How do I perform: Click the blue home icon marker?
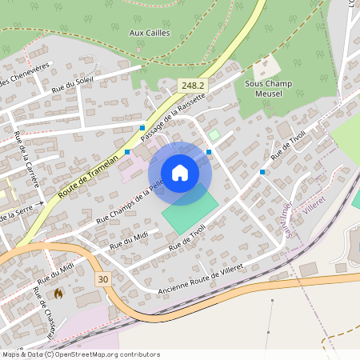(x=180, y=172)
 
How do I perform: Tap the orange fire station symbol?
(x=58, y=294)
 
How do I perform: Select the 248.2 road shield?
(x=192, y=85)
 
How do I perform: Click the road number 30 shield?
(x=102, y=278)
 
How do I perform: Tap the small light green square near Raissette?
(x=214, y=135)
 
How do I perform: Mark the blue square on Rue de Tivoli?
(x=262, y=172)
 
